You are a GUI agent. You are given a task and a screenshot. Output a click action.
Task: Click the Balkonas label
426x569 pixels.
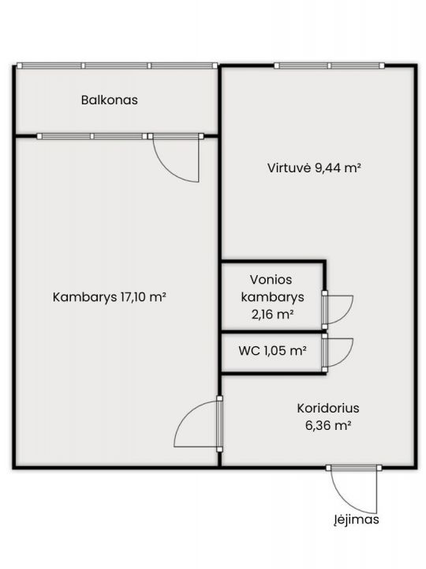point(110,100)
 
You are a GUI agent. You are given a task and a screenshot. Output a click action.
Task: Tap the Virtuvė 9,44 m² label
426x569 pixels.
point(315,168)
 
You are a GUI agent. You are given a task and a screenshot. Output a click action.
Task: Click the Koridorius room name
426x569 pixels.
point(328,409)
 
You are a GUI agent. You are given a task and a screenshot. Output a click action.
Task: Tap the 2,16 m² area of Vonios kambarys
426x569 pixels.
point(273,314)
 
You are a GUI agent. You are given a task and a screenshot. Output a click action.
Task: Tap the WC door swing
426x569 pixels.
point(340,352)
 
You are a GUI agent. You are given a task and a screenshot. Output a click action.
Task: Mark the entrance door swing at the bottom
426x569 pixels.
point(354,490)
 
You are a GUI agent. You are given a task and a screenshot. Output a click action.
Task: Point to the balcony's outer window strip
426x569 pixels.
point(117,66)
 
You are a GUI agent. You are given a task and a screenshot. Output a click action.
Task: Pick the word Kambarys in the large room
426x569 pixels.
point(83,297)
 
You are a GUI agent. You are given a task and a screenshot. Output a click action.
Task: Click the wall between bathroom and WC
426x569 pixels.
point(272,331)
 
